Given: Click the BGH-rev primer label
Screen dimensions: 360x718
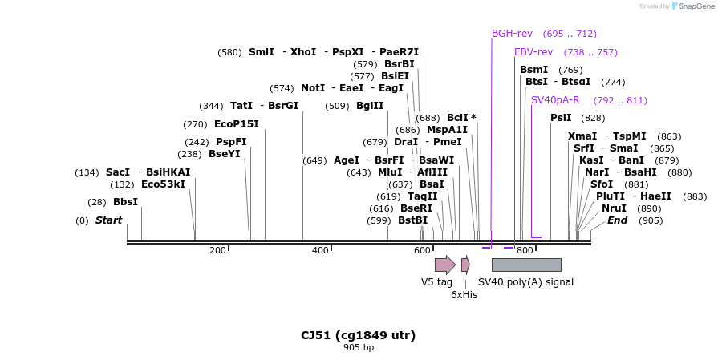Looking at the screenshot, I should [512, 34].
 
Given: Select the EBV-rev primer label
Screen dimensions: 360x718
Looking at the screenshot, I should [533, 52].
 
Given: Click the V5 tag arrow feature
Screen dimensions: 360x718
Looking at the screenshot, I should [444, 265].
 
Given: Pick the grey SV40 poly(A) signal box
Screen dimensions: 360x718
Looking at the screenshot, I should [526, 265].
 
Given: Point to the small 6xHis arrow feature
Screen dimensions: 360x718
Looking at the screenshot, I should [465, 265].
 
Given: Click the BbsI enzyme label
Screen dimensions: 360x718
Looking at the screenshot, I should [125, 202].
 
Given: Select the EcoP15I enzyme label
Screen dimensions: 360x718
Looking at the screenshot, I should [237, 124].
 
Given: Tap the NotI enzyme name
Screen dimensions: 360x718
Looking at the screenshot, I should [313, 88].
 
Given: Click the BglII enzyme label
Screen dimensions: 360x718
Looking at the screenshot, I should [370, 106].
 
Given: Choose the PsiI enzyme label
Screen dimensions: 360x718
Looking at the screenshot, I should [561, 118].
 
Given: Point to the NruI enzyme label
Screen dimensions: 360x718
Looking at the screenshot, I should [614, 208].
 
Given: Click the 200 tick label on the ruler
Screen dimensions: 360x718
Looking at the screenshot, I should [217, 251].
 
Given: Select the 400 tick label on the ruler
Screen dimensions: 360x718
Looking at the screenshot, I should [320, 251].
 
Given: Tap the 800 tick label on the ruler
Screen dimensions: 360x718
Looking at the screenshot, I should [525, 251].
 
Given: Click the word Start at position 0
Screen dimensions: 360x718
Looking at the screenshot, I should [109, 220].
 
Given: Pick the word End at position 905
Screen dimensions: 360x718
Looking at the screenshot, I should [617, 220].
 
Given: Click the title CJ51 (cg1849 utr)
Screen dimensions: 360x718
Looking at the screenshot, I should [358, 335].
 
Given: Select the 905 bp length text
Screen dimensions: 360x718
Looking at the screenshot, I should [359, 348].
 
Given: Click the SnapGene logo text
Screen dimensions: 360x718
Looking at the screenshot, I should [695, 6].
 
